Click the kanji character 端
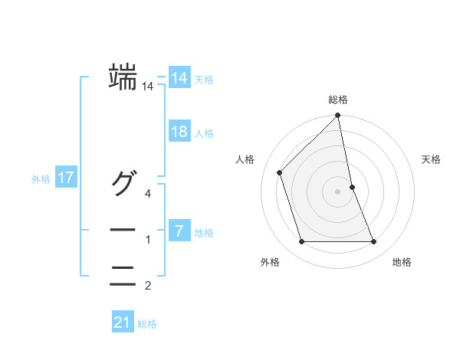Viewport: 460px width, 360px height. point(123,77)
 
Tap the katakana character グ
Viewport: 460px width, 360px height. point(123,184)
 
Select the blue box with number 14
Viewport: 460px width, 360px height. point(179,77)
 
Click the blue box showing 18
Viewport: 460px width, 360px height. point(179,131)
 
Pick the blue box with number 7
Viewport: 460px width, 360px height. point(179,230)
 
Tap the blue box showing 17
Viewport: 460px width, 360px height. point(66,178)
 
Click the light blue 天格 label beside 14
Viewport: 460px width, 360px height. point(204,80)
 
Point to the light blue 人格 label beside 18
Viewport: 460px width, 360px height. point(204,133)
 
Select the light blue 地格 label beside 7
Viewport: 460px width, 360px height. point(204,232)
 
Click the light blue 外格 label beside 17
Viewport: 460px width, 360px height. point(41,180)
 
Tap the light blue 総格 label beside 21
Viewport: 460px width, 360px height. point(147,324)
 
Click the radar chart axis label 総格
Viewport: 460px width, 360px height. point(337,100)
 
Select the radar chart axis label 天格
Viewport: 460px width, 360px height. point(432,159)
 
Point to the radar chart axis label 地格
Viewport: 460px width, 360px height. point(402,263)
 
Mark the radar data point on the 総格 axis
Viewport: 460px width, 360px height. point(337,116)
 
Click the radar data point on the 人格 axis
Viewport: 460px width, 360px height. point(280,172)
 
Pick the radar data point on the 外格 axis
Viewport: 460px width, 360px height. point(302,242)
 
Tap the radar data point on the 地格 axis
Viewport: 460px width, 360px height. point(374,242)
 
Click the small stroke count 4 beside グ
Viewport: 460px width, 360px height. point(149,193)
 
